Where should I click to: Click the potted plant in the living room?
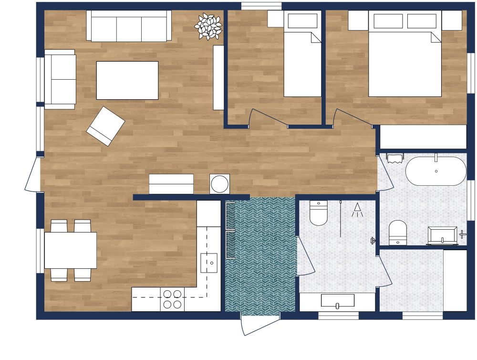tap(208, 26)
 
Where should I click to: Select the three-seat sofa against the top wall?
tap(129, 26)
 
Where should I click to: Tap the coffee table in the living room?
tap(127, 80)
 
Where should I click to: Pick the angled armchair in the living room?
tap(105, 126)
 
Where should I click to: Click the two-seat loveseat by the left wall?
tap(60, 79)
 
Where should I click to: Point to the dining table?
tap(71, 250)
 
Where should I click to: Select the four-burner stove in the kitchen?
tap(172, 299)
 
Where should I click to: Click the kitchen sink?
tap(208, 262)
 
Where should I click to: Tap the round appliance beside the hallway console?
tap(219, 184)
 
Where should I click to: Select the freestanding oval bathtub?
tap(436, 171)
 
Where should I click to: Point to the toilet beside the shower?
tap(318, 213)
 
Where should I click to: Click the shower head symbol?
tap(357, 210)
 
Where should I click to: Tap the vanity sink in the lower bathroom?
tap(337, 301)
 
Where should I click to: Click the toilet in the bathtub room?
tap(397, 232)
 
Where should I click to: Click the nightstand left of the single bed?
tap(275, 19)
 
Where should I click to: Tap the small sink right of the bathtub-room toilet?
tap(442, 236)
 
